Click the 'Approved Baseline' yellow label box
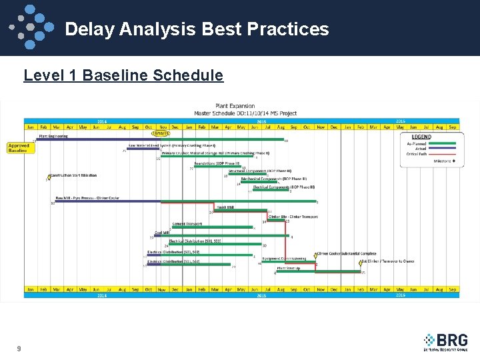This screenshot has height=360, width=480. pyautogui.click(x=19, y=148)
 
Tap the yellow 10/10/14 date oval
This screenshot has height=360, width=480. pyautogui.click(x=160, y=133)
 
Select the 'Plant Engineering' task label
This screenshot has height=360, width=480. pyautogui.click(x=53, y=135)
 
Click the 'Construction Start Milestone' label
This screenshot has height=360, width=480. pyautogui.click(x=73, y=175)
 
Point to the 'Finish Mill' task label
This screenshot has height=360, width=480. pyautogui.click(x=225, y=207)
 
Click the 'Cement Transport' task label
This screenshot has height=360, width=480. pyautogui.click(x=188, y=223)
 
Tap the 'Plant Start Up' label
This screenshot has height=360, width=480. pyautogui.click(x=289, y=267)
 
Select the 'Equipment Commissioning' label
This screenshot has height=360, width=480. pyautogui.click(x=284, y=258)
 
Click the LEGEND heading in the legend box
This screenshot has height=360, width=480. pyautogui.click(x=421, y=137)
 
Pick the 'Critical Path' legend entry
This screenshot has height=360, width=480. pyautogui.click(x=422, y=153)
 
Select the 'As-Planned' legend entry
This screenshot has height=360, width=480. pyautogui.click(x=418, y=143)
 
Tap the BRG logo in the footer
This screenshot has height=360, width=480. pyautogui.click(x=445, y=341)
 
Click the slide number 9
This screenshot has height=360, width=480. pyautogui.click(x=19, y=348)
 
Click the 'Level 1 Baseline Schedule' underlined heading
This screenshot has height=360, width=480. pyautogui.click(x=123, y=75)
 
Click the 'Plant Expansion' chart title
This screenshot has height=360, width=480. pyautogui.click(x=235, y=106)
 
